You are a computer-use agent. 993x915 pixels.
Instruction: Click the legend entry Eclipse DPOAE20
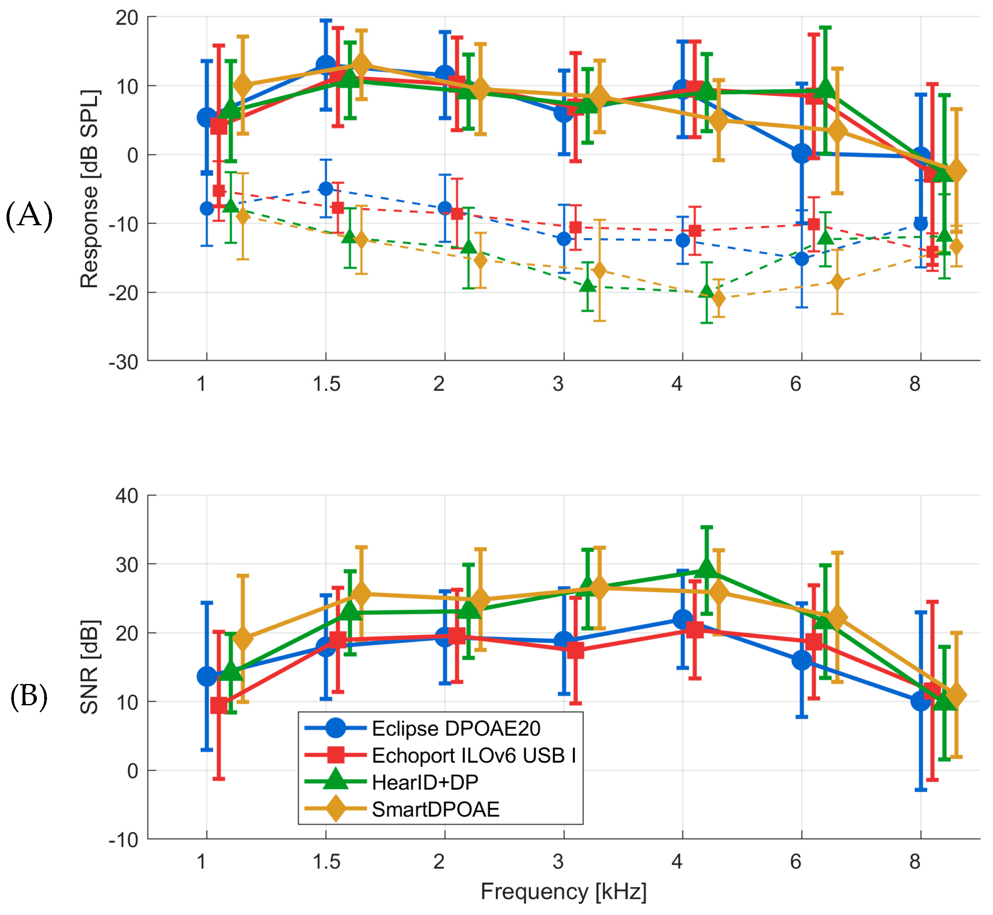[x=456, y=728]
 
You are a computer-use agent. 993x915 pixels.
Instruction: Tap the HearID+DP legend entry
[x=425, y=782]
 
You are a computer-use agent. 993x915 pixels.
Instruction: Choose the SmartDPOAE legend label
[x=436, y=810]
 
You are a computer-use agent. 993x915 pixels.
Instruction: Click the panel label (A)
[x=29, y=216]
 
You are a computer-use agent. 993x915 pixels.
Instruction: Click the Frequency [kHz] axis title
[x=563, y=891]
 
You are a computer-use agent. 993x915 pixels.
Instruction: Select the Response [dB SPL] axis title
[x=90, y=189]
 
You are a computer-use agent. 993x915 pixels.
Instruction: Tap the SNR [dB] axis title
[x=90, y=666]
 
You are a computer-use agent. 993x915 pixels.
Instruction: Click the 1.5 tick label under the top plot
[x=326, y=384]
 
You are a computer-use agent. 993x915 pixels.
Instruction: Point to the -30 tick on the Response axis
[x=124, y=362]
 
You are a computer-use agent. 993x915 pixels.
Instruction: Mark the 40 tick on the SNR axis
[x=127, y=496]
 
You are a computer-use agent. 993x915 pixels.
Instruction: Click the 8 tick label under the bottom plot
[x=914, y=862]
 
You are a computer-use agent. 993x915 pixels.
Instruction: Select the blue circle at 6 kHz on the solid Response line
[x=801, y=154]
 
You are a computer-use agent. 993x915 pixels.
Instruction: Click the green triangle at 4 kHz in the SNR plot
[x=706, y=568]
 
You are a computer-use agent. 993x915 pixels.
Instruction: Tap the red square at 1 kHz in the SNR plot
[x=219, y=705]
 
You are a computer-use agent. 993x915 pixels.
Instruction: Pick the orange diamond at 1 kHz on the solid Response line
[x=242, y=86]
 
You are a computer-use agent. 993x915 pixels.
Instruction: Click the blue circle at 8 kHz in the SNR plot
[x=920, y=701]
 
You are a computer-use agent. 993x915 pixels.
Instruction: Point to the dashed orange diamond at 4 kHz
[x=718, y=299]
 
